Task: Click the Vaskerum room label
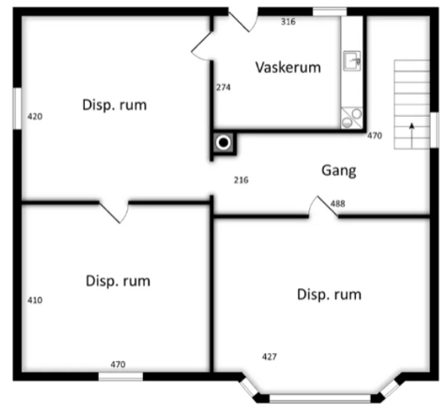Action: click(x=288, y=68)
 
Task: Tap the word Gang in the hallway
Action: click(x=338, y=171)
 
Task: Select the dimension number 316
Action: click(x=288, y=22)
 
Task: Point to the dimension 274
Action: click(x=223, y=87)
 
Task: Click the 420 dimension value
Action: click(x=34, y=117)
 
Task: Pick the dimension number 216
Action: click(x=241, y=180)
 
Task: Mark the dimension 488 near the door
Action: click(x=337, y=204)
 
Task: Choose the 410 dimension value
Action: click(x=34, y=301)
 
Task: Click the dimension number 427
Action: click(x=269, y=357)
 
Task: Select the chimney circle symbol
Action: click(x=223, y=141)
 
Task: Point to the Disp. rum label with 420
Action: click(x=114, y=105)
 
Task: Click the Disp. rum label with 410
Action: click(x=118, y=281)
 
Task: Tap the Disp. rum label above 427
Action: click(x=329, y=294)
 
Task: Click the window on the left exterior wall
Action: click(x=16, y=109)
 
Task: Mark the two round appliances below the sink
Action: click(x=351, y=117)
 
